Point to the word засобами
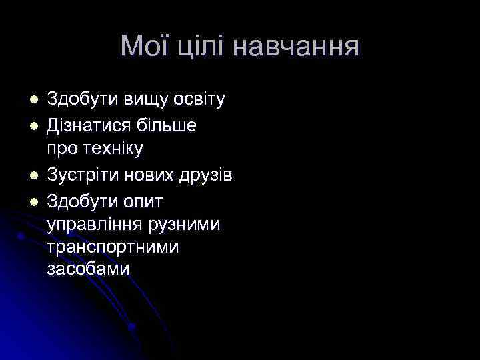click(x=89, y=269)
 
